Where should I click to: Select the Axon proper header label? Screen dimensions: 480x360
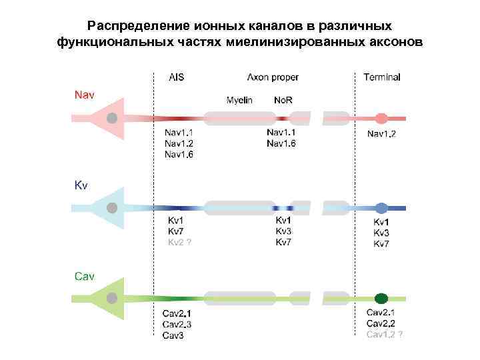[273, 77]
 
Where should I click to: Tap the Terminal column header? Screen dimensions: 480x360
[381, 77]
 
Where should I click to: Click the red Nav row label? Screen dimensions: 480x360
[84, 95]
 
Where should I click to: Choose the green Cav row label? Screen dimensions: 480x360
[84, 275]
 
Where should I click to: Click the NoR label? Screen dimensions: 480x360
[283, 100]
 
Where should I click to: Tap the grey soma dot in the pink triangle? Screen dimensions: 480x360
[113, 119]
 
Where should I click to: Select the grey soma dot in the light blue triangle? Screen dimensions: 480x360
[113, 208]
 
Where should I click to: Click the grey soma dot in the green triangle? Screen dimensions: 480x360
[113, 297]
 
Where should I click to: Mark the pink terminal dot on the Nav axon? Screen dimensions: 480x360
[381, 119]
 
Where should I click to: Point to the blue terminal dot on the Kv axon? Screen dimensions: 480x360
[381, 208]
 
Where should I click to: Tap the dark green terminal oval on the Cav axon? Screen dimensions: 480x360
[381, 298]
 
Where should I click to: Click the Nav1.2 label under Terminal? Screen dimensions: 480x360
[381, 134]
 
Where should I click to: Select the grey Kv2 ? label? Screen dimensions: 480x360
[179, 243]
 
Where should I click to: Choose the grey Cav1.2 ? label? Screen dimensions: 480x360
[384, 333]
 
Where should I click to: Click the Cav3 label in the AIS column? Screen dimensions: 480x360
[173, 335]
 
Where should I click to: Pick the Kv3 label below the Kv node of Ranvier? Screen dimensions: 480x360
[283, 231]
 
